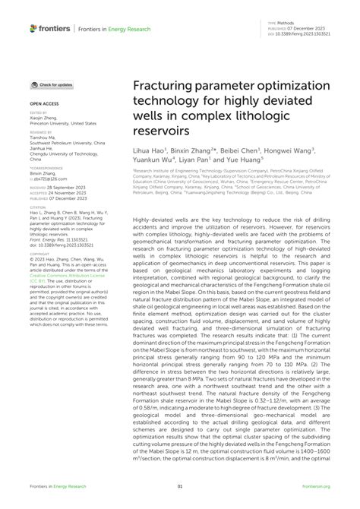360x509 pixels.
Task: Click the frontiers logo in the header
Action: click(50, 28)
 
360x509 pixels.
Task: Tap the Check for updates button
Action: click(52, 84)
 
